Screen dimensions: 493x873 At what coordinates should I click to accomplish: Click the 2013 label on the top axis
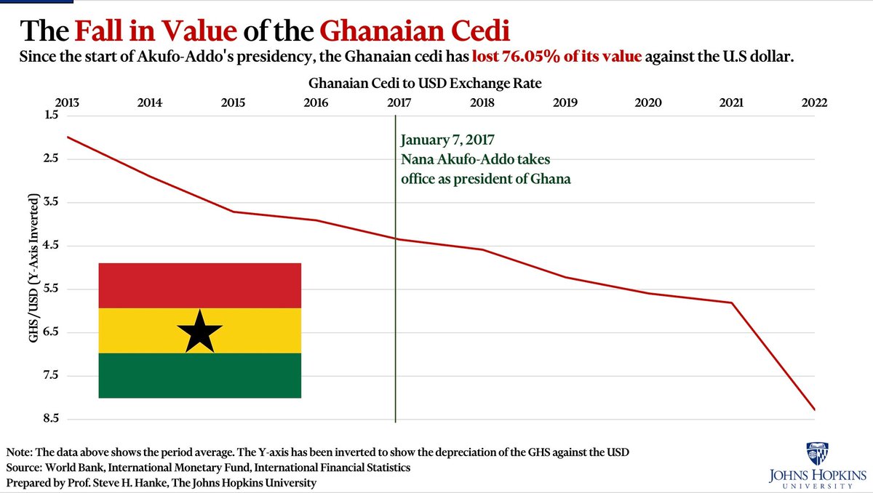click(66, 103)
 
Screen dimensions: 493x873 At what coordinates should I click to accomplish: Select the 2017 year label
click(398, 103)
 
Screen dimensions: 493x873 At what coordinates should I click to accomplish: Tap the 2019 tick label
click(565, 103)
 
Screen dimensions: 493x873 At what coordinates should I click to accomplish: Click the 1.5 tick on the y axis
click(50, 115)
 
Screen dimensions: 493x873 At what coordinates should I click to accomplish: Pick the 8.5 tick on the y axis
click(50, 420)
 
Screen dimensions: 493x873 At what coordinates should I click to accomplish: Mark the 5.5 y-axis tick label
click(50, 289)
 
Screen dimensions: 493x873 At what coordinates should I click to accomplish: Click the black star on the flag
click(199, 331)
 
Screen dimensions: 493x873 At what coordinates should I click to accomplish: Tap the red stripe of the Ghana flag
click(199, 285)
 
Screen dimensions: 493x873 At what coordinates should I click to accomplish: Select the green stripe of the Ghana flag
click(199, 376)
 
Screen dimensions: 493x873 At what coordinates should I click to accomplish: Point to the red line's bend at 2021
click(732, 302)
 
